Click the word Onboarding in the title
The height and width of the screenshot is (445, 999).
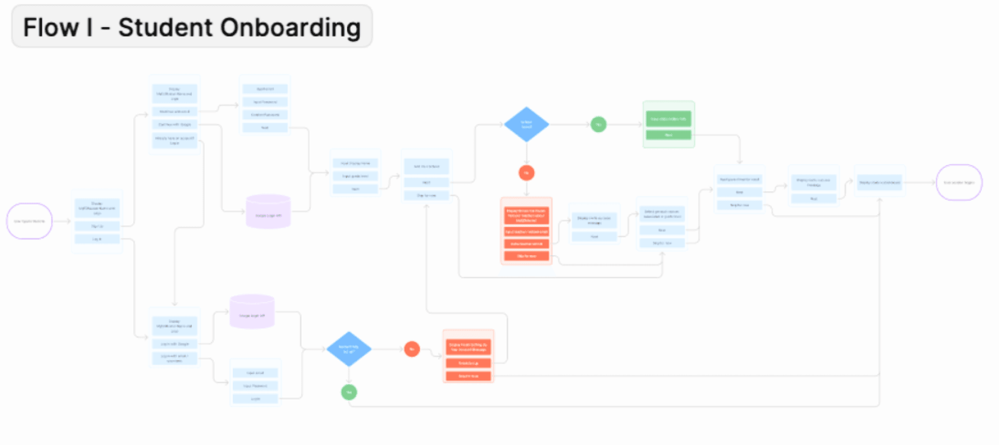coord(290,27)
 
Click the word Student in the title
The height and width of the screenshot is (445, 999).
coord(165,27)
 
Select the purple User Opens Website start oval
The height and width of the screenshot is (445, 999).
coord(29,221)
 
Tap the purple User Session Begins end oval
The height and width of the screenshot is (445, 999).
coord(959,182)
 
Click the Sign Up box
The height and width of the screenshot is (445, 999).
coord(97,226)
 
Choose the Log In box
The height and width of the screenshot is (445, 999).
coord(97,239)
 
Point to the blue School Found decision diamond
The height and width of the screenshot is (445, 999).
coord(526,124)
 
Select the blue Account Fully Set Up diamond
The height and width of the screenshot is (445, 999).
coord(348,349)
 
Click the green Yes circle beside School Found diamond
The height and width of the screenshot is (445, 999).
coord(598,124)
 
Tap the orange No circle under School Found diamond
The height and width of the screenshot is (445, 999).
coord(526,173)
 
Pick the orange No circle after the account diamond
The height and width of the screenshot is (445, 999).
coord(412,349)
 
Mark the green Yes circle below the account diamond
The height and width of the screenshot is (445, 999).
coord(349,392)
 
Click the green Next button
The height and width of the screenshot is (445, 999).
coord(668,135)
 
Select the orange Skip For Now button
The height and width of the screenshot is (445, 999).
coord(526,256)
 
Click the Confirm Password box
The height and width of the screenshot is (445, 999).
coord(265,115)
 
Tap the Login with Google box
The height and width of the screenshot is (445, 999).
coord(174,344)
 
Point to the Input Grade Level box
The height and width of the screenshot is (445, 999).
coord(355,176)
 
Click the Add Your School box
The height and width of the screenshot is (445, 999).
coord(426,166)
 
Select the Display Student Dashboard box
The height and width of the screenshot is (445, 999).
coord(880,182)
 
